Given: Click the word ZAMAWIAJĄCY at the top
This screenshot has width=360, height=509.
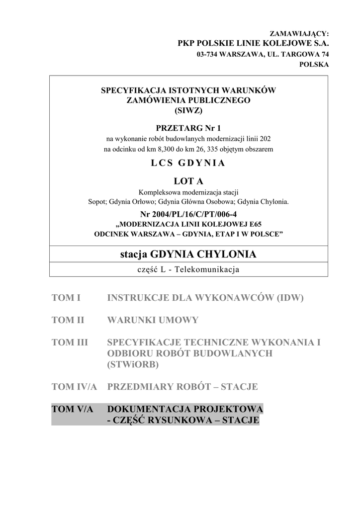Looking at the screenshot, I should pyautogui.click(x=299, y=34).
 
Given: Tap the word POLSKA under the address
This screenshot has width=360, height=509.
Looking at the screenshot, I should pyautogui.click(x=313, y=65).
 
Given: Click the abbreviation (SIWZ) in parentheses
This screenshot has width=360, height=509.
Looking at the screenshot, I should pyautogui.click(x=188, y=110).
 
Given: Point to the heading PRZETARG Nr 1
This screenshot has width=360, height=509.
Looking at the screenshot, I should pyautogui.click(x=188, y=128).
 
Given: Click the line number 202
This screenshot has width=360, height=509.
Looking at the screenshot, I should pyautogui.click(x=265, y=138).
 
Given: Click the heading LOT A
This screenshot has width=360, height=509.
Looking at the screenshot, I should pyautogui.click(x=188, y=181).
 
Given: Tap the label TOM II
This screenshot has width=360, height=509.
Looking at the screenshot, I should pyautogui.click(x=68, y=320).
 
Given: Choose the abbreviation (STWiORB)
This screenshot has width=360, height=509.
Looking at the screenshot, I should pyautogui.click(x=133, y=364).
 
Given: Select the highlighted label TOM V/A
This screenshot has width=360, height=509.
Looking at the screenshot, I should pyautogui.click(x=73, y=409).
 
